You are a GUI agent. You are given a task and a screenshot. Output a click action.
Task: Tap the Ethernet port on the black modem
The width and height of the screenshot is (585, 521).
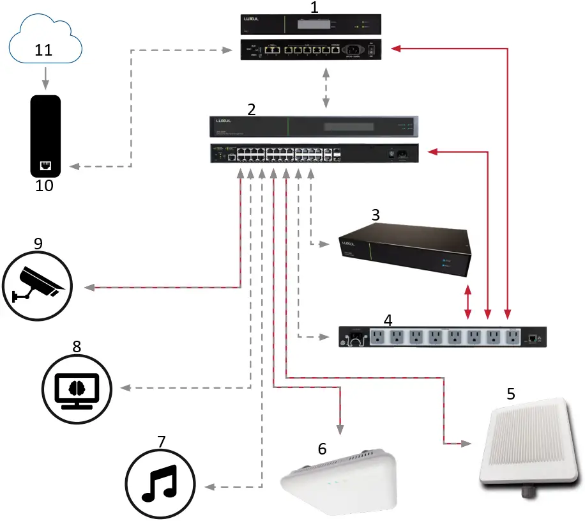[45, 166]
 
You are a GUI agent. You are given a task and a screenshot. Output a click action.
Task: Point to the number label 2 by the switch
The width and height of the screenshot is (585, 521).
[252, 109]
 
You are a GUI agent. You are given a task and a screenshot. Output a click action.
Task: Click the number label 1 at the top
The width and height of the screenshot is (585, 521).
[314, 8]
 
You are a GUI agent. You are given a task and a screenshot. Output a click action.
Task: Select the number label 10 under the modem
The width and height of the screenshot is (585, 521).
[44, 186]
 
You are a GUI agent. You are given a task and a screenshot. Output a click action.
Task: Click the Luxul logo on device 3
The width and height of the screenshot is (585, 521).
[349, 244]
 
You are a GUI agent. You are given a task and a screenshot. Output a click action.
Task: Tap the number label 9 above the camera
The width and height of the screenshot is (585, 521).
[38, 243]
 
